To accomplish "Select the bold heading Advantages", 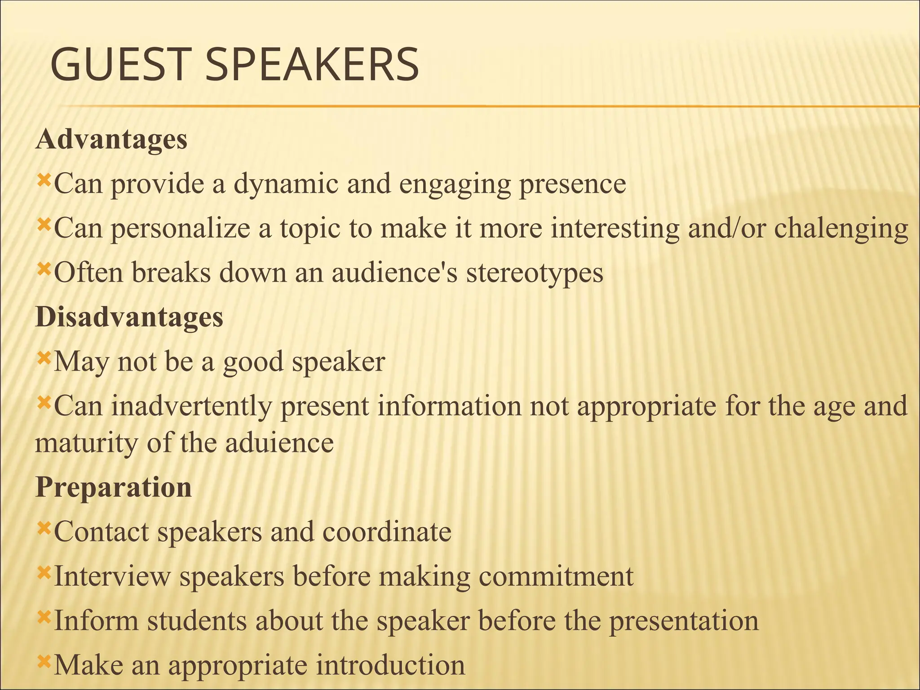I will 111,140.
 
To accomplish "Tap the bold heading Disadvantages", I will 129,318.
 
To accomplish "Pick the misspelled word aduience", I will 279,443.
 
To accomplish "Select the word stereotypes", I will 535,273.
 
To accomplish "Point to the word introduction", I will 390,665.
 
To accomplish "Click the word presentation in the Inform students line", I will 683,621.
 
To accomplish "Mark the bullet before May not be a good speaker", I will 44,358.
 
